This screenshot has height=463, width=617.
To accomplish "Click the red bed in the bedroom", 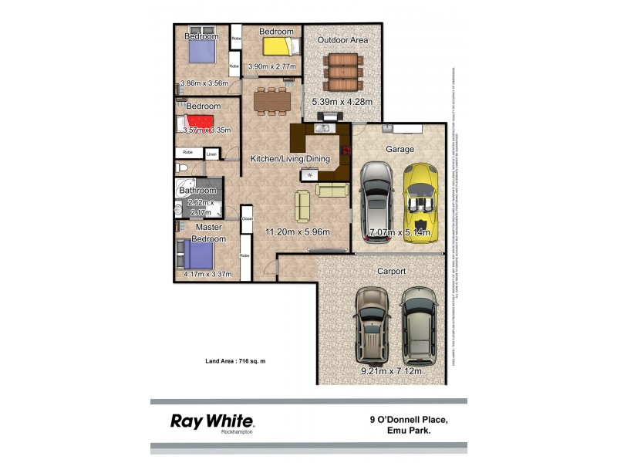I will click(x=199, y=123).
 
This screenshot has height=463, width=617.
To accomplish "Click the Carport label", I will click(x=392, y=272).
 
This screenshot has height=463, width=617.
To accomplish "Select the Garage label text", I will click(x=400, y=149).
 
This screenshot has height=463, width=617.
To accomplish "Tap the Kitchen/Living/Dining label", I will click(x=290, y=159).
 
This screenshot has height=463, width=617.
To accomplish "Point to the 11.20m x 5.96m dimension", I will click(x=298, y=231).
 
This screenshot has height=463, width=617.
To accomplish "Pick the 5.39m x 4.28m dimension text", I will click(x=342, y=102).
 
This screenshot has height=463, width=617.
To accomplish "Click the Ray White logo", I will click(x=211, y=421).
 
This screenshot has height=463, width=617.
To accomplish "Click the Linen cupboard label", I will click(x=211, y=154).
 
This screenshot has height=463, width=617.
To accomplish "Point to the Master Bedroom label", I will click(x=209, y=233).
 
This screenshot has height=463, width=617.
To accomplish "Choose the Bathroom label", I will click(x=197, y=190).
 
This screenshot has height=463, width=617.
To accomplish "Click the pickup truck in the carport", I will click(x=371, y=326).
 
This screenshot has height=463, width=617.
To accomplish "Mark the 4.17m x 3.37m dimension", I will click(x=207, y=274).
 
